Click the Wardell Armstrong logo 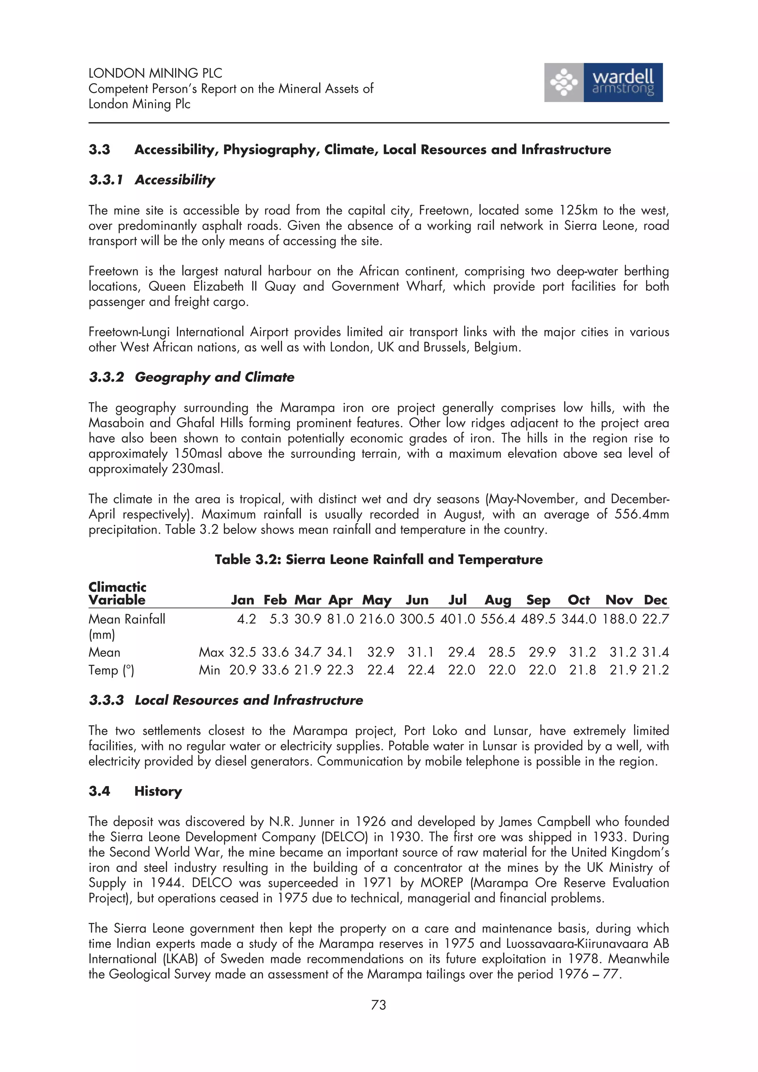[603, 82]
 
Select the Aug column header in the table [498, 600]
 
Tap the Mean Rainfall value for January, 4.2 [246, 619]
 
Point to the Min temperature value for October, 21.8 [583, 670]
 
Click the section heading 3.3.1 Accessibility [152, 180]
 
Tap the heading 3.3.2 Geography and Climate [191, 377]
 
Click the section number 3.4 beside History [99, 791]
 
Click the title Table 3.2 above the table [378, 559]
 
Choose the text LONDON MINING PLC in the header [155, 73]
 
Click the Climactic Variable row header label [117, 593]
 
